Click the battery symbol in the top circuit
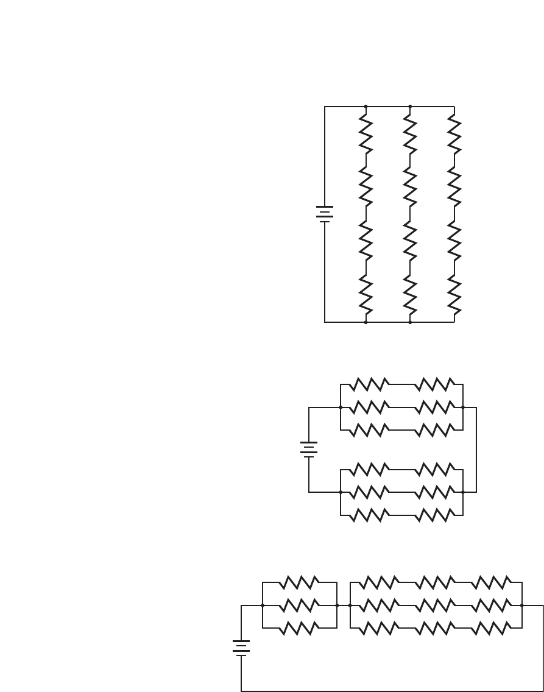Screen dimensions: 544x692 [325, 214]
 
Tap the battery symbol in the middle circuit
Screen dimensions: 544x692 [309, 450]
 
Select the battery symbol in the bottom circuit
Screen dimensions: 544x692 [241, 647]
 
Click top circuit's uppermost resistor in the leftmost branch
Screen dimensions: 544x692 [366, 135]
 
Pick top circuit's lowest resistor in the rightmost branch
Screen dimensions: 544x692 [454, 294]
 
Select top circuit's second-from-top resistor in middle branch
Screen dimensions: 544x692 [410, 188]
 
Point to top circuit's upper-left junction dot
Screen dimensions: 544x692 [366, 107]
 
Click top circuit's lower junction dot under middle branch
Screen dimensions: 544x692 [410, 322]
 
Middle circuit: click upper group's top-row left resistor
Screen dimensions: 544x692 [370, 384]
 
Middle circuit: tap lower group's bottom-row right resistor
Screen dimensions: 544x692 [434, 515]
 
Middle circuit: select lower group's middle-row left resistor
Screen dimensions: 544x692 [370, 492]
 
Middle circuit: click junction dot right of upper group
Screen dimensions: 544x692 [464, 407]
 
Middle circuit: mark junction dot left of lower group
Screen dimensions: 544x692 [341, 492]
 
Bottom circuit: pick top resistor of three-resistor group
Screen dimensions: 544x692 [299, 583]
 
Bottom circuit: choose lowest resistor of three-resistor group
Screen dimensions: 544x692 [299, 628]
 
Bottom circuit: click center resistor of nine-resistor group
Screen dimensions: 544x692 [436, 605]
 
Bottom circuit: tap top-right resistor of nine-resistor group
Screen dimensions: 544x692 [492, 583]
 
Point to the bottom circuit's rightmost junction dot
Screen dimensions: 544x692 [522, 605]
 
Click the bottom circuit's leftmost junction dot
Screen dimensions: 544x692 [262, 605]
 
